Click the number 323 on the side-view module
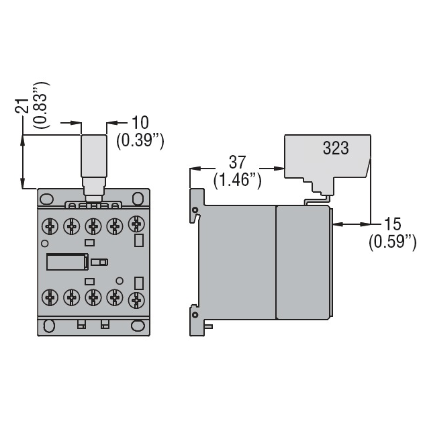[335, 148]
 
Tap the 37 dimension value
[237, 163]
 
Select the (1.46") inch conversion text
[237, 180]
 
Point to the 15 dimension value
[393, 224]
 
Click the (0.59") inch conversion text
[393, 241]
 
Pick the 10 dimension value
[140, 122]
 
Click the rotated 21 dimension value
[22, 106]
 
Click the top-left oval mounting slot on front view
[46, 199]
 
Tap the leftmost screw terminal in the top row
[49, 226]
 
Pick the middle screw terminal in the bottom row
[93, 297]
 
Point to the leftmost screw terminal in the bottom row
[49, 297]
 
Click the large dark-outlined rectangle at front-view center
[65, 261]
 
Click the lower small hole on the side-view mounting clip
[195, 314]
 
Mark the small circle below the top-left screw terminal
[45, 243]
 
